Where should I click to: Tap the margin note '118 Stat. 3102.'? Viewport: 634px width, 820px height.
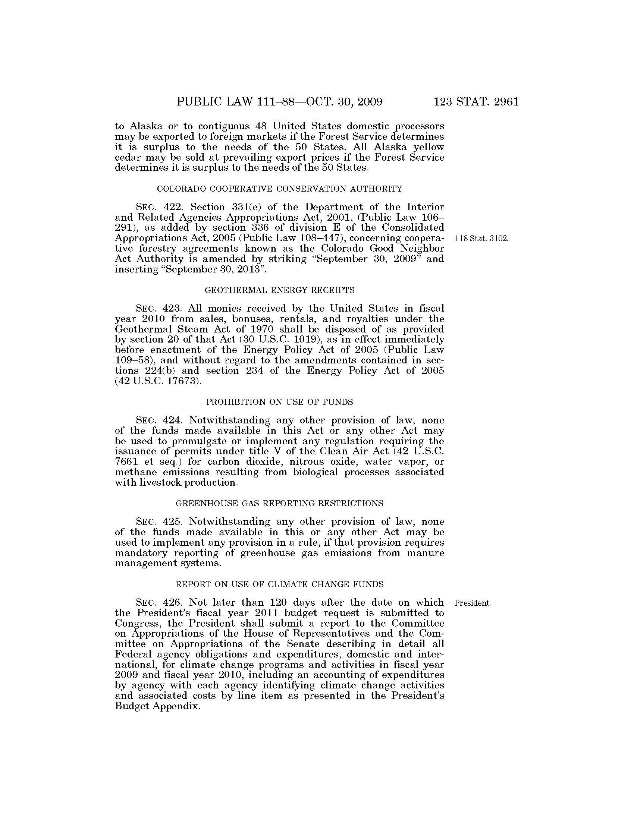pos(481,239)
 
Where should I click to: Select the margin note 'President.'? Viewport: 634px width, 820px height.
pos(473,603)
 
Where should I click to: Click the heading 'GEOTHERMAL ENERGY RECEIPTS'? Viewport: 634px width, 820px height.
pos(279,290)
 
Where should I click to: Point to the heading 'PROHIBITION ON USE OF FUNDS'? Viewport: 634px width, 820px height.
pos(279,402)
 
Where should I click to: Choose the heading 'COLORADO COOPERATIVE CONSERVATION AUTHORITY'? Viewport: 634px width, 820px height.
pos(279,189)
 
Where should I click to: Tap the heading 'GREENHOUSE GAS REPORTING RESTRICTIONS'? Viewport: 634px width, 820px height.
pos(279,504)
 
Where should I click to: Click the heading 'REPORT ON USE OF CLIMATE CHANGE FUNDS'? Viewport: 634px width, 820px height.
pos(279,584)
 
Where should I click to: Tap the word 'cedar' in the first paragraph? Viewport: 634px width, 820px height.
pos(127,157)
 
